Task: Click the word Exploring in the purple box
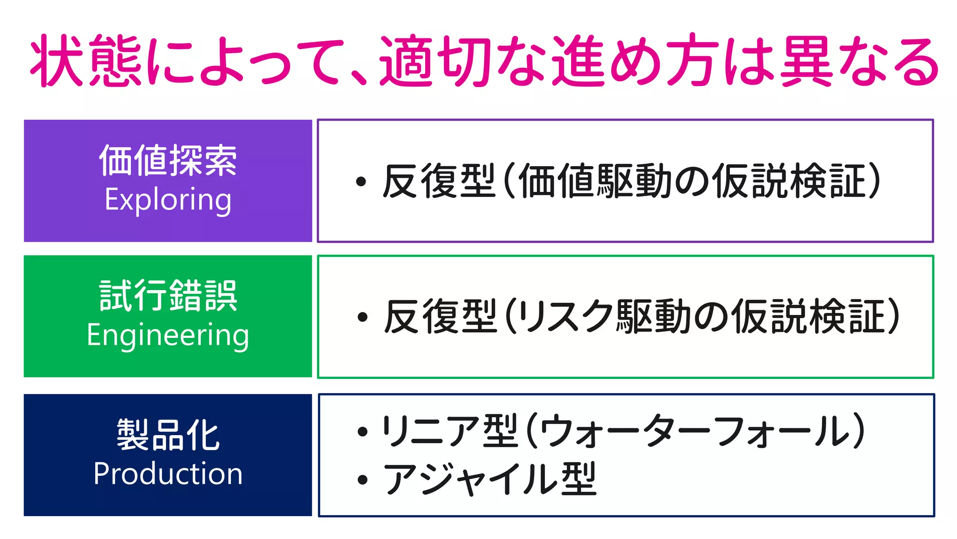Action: click(x=168, y=200)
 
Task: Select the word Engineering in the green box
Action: click(x=168, y=335)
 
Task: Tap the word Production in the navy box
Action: click(x=168, y=473)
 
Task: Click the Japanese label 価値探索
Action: click(x=168, y=160)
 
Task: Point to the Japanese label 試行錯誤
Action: click(x=168, y=295)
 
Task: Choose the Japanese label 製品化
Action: click(x=168, y=435)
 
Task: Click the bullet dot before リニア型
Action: click(x=362, y=431)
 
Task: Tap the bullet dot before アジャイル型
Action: click(x=362, y=480)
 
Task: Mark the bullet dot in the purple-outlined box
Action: click(x=361, y=182)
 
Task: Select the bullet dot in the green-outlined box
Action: click(x=362, y=317)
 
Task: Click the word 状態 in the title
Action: click(x=86, y=61)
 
